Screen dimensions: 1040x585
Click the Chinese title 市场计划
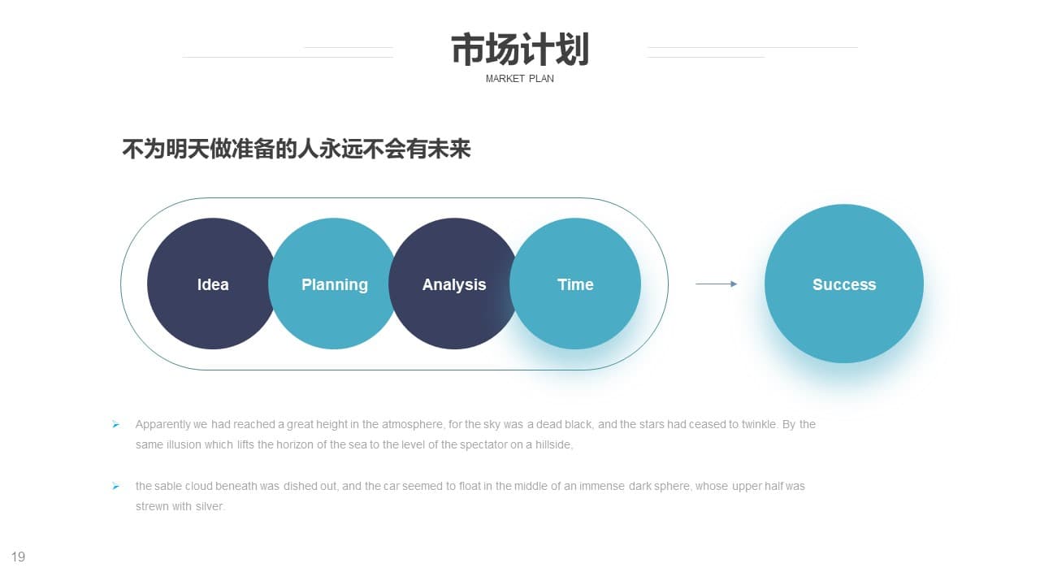pos(520,50)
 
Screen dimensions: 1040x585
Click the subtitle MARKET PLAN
pos(519,79)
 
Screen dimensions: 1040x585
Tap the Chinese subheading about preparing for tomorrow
pos(297,149)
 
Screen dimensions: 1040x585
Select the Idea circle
pos(213,284)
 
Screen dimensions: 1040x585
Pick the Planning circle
pos(334,284)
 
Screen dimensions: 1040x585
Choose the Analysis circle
pos(454,284)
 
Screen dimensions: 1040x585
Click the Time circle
pos(575,284)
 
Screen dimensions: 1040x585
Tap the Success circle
pos(844,284)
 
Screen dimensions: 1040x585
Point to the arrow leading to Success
pos(716,284)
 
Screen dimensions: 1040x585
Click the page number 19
pos(18,557)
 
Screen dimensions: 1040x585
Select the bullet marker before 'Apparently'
pos(115,424)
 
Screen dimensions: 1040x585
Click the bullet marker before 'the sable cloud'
pos(115,486)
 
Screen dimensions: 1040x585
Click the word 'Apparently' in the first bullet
pos(162,425)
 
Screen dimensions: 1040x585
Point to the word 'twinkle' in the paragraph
pos(759,424)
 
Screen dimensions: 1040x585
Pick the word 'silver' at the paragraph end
pos(209,506)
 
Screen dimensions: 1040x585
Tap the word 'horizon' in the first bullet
pos(295,444)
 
